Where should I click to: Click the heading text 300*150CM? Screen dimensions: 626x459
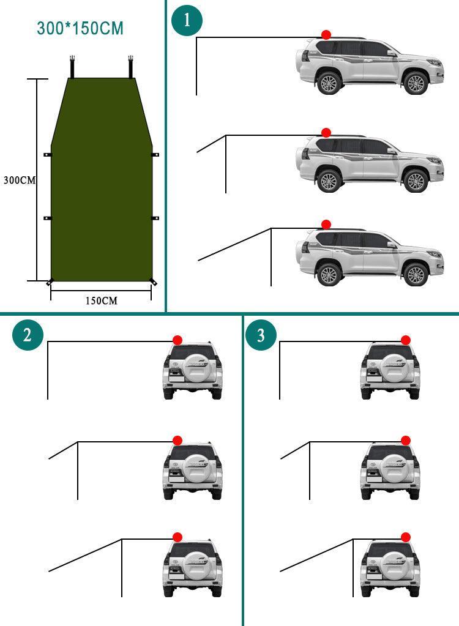pyautogui.click(x=80, y=28)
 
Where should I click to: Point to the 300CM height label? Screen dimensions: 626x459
pyautogui.click(x=19, y=181)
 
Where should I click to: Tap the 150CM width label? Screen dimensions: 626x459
pyautogui.click(x=101, y=300)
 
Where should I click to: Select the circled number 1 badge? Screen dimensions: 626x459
pyautogui.click(x=187, y=20)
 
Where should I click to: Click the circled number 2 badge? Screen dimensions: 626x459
pyautogui.click(x=28, y=335)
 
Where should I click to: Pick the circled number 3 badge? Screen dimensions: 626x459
pyautogui.click(x=261, y=335)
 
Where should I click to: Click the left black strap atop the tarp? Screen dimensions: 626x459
pyautogui.click(x=72, y=67)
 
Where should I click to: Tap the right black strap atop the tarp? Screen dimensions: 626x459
pyautogui.click(x=131, y=67)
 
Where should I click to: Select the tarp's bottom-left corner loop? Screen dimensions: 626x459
pyautogui.click(x=49, y=281)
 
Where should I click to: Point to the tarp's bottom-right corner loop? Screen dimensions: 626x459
pyautogui.click(x=153, y=281)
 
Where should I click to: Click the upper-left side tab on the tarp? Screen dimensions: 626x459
pyautogui.click(x=48, y=155)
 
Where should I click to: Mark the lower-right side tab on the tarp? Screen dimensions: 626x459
pyautogui.click(x=155, y=218)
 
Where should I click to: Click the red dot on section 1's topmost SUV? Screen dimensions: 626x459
pyautogui.click(x=326, y=35)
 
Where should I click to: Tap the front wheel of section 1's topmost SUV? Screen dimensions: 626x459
pyautogui.click(x=416, y=83)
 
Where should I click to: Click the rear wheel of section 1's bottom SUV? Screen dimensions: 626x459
pyautogui.click(x=329, y=274)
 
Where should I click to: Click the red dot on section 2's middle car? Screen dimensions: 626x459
pyautogui.click(x=177, y=440)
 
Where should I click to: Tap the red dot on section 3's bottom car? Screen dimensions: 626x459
pyautogui.click(x=405, y=537)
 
